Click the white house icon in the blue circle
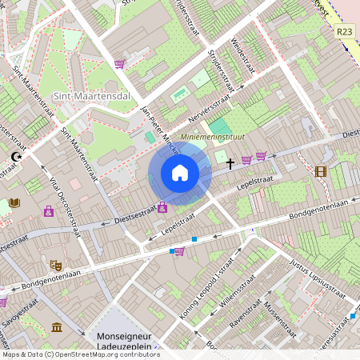click(x=180, y=173)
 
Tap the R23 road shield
click(x=344, y=31)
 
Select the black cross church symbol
click(x=230, y=164)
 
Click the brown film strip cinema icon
click(x=321, y=171)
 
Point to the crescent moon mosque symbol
click(x=16, y=158)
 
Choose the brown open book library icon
click(x=14, y=203)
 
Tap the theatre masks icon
click(x=55, y=265)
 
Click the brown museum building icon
click(x=57, y=327)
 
